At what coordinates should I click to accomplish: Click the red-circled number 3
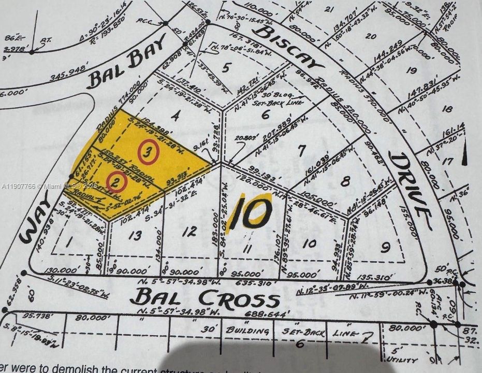click(x=148, y=152)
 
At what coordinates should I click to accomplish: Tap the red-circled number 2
click(x=117, y=181)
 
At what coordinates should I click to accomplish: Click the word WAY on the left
click(x=37, y=223)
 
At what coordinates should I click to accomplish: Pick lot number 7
click(x=302, y=150)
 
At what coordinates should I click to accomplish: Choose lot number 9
click(x=385, y=248)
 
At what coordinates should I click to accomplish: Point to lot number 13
click(x=135, y=236)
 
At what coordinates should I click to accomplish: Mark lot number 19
click(x=412, y=70)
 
